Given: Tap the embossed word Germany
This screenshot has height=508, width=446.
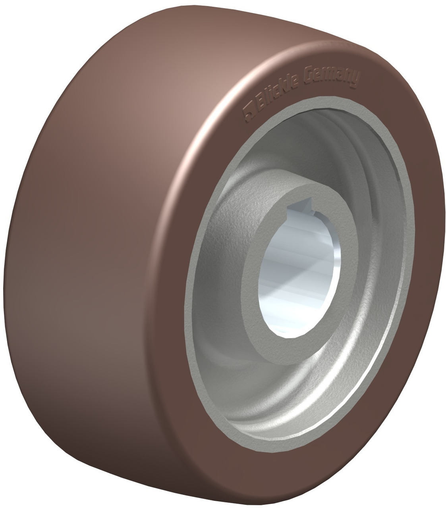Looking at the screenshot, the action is tap(332, 77).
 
